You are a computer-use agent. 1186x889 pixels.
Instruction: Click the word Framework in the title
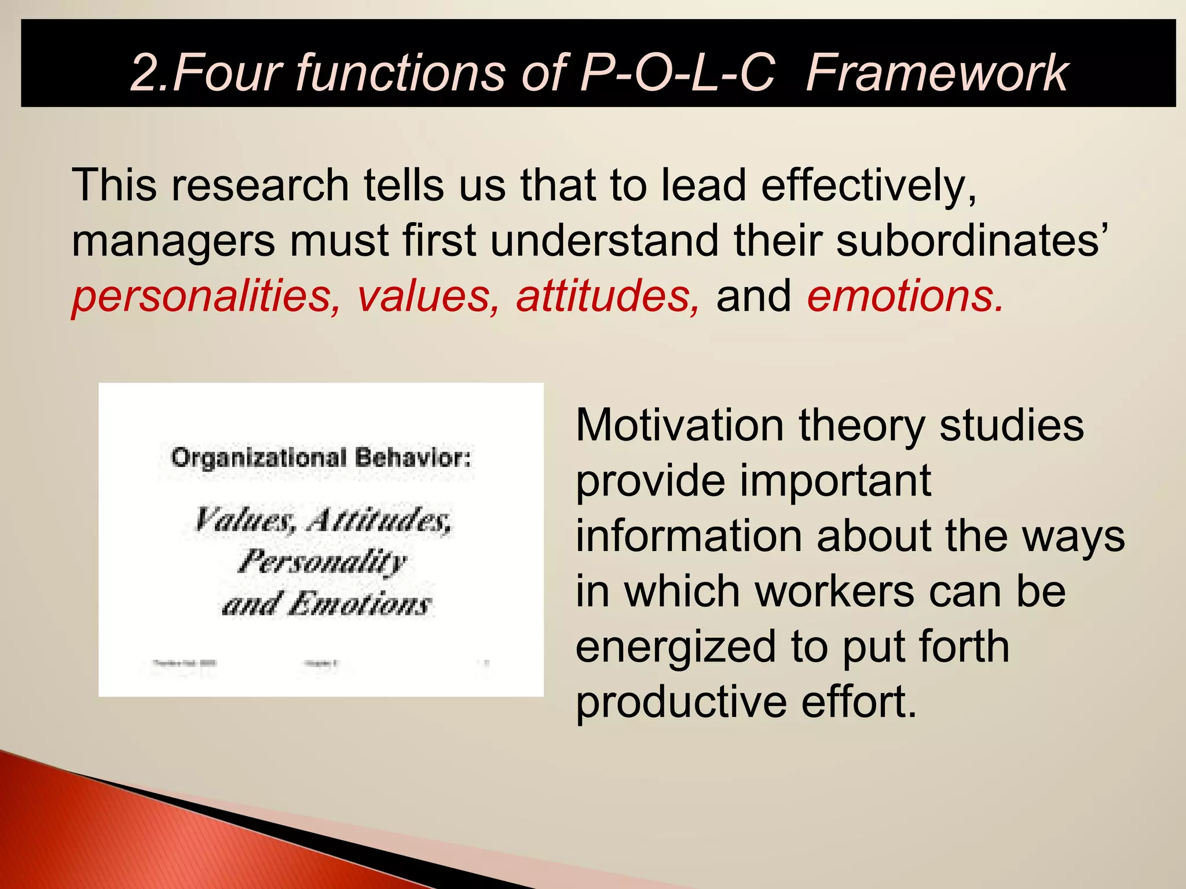[x=936, y=73]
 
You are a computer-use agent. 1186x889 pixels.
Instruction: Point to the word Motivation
[x=680, y=426]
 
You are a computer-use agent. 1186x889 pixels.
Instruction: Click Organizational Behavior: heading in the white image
[x=321, y=458]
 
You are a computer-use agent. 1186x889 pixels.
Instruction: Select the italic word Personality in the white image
[x=322, y=561]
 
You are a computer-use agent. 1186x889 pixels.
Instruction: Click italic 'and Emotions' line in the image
[x=326, y=604]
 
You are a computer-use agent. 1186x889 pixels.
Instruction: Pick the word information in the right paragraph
[x=689, y=537]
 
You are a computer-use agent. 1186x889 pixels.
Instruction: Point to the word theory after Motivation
[x=862, y=426]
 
